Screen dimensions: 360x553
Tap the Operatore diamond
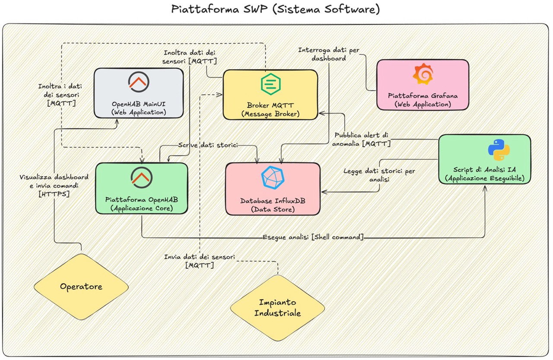coord(81,287)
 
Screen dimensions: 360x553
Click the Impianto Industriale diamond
coord(277,307)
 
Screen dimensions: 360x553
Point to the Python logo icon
coord(499,150)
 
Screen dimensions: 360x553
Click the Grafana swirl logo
coord(423,74)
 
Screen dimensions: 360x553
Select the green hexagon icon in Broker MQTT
coord(271,84)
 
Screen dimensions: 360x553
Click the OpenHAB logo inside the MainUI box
coord(139,82)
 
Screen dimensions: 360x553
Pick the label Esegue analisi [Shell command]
coord(313,237)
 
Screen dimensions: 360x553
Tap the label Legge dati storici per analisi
coord(379,175)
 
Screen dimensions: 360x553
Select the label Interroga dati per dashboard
coord(328,54)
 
